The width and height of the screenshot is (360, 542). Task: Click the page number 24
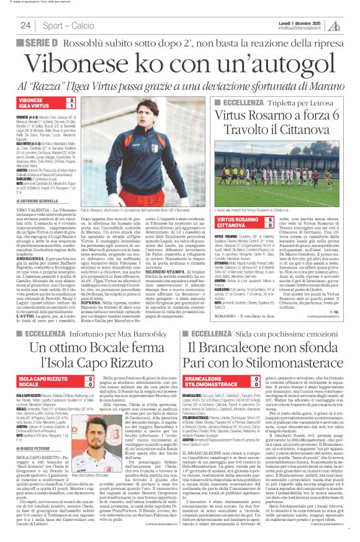25,25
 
